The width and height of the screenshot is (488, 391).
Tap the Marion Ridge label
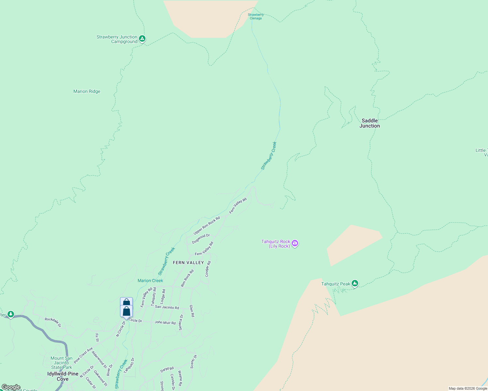point(87,92)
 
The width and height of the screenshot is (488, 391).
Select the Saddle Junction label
point(370,123)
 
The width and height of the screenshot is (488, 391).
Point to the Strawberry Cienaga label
point(256,17)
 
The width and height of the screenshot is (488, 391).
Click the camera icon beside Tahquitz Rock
point(295,243)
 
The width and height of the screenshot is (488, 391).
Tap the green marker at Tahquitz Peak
point(355,283)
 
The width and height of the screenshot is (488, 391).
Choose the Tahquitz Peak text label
point(336,284)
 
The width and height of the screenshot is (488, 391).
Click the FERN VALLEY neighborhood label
point(188,263)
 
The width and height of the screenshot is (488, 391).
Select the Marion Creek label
point(150,281)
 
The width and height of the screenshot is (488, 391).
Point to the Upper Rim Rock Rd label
point(207,225)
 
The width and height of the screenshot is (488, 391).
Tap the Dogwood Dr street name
point(201,239)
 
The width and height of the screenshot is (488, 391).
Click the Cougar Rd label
point(208,269)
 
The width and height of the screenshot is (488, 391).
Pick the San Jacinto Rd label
point(167,307)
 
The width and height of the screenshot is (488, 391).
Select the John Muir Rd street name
point(165,323)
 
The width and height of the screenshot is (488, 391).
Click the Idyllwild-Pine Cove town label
point(63,376)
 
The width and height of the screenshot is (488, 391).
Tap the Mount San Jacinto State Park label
point(61,363)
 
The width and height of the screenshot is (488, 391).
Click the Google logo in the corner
point(11,387)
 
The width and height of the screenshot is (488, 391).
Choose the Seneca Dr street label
point(181,322)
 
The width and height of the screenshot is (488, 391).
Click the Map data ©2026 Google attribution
point(468,388)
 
